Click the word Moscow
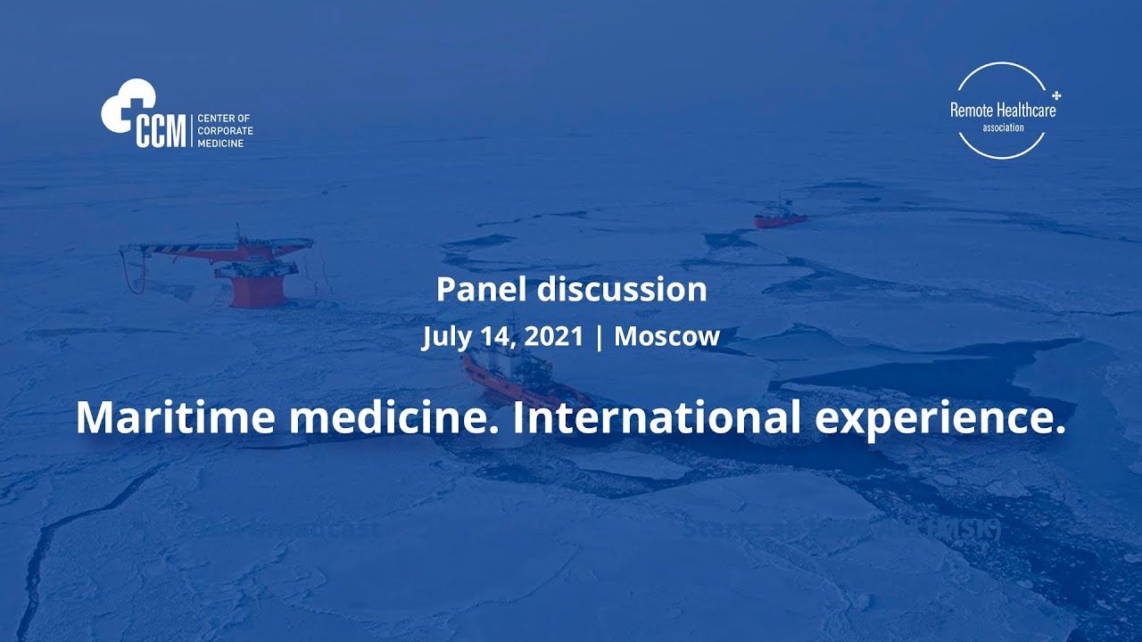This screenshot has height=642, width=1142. (x=666, y=337)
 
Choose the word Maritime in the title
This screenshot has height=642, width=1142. (x=174, y=416)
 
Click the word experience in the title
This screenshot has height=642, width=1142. (x=940, y=416)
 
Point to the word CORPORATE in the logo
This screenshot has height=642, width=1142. (x=225, y=131)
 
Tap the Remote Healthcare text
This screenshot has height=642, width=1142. (x=1002, y=111)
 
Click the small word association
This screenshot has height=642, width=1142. (x=1003, y=128)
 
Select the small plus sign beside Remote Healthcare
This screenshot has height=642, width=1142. (x=1057, y=94)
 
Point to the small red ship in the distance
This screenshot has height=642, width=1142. (x=781, y=217)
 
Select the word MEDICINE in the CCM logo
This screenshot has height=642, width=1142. (x=219, y=143)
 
